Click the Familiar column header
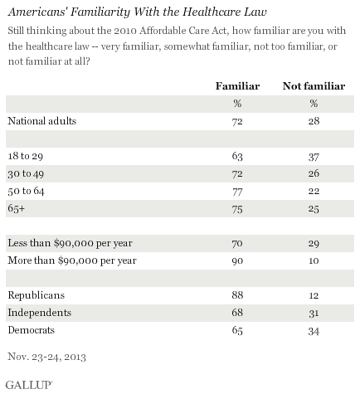pyautogui.click(x=237, y=86)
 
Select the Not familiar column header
pyautogui.click(x=314, y=86)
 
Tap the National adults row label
pyautogui.click(x=42, y=121)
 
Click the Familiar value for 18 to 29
pyautogui.click(x=237, y=156)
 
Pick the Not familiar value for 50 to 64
pyautogui.click(x=314, y=191)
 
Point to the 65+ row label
pyautogui.click(x=17, y=208)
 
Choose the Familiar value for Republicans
pyautogui.click(x=237, y=295)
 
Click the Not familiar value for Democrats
pyautogui.click(x=314, y=331)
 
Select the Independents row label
pyautogui.click(x=40, y=313)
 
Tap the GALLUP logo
pyautogui.click(x=29, y=385)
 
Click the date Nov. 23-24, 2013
pyautogui.click(x=47, y=357)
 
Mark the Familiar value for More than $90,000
pyautogui.click(x=237, y=260)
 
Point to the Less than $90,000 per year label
pyautogui.click(x=71, y=243)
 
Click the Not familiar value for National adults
pyautogui.click(x=314, y=121)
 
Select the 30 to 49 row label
pyautogui.click(x=26, y=174)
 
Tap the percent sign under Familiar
pyautogui.click(x=237, y=104)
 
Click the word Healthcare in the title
pyautogui.click(x=212, y=12)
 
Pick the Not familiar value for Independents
pyautogui.click(x=314, y=314)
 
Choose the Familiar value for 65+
pyautogui.click(x=237, y=209)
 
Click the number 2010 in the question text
pyautogui.click(x=125, y=31)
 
